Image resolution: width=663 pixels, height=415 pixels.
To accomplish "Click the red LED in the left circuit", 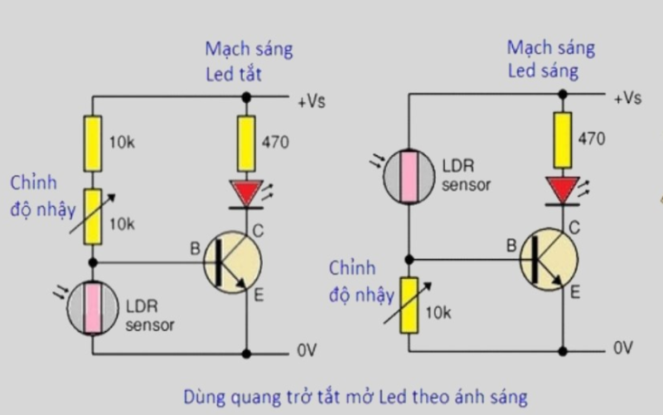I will [x=245, y=193].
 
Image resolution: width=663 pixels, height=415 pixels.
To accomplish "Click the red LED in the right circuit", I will [x=563, y=190].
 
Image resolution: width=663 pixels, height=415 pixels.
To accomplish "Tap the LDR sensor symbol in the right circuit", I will [x=408, y=176].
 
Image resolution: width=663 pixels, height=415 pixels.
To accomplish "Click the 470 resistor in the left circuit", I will [x=245, y=142].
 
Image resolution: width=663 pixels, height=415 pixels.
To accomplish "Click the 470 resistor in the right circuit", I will [x=563, y=139].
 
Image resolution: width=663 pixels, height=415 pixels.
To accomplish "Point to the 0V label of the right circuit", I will [x=623, y=348].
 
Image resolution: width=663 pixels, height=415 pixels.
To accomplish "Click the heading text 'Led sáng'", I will [x=543, y=71].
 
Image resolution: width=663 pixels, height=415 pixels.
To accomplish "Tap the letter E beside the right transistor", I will [x=575, y=293].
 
